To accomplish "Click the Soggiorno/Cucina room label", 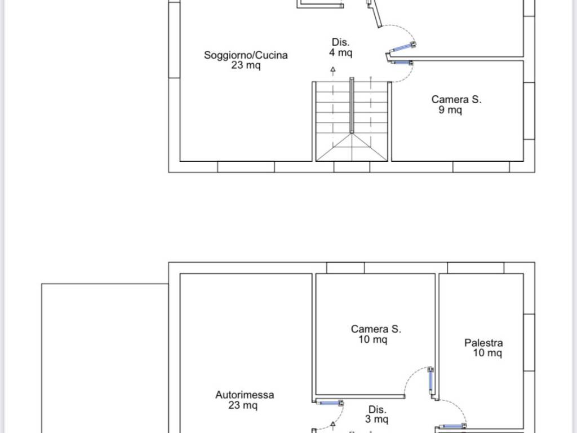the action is [x=246, y=55].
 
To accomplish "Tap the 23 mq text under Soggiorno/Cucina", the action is [x=246, y=65].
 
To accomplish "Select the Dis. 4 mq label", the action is [x=341, y=47].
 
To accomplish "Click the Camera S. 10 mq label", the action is [x=376, y=334].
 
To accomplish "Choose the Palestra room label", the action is [x=483, y=343].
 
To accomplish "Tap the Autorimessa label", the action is [x=245, y=395].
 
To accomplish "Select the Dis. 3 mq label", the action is [x=377, y=414].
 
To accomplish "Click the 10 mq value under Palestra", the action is [x=487, y=353].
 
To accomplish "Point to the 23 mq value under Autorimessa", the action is [x=243, y=405].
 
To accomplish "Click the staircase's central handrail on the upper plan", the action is [x=352, y=105].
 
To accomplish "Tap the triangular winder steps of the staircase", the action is [x=352, y=147].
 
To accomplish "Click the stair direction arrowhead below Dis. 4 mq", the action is [x=333, y=69].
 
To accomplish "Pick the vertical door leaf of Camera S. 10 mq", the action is [x=430, y=381].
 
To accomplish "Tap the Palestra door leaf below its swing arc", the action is [x=452, y=426].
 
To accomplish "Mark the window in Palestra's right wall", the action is [x=529, y=343].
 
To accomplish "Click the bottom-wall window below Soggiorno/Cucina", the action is [x=246, y=167].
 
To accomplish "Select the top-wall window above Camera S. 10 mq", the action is [x=345, y=268].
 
